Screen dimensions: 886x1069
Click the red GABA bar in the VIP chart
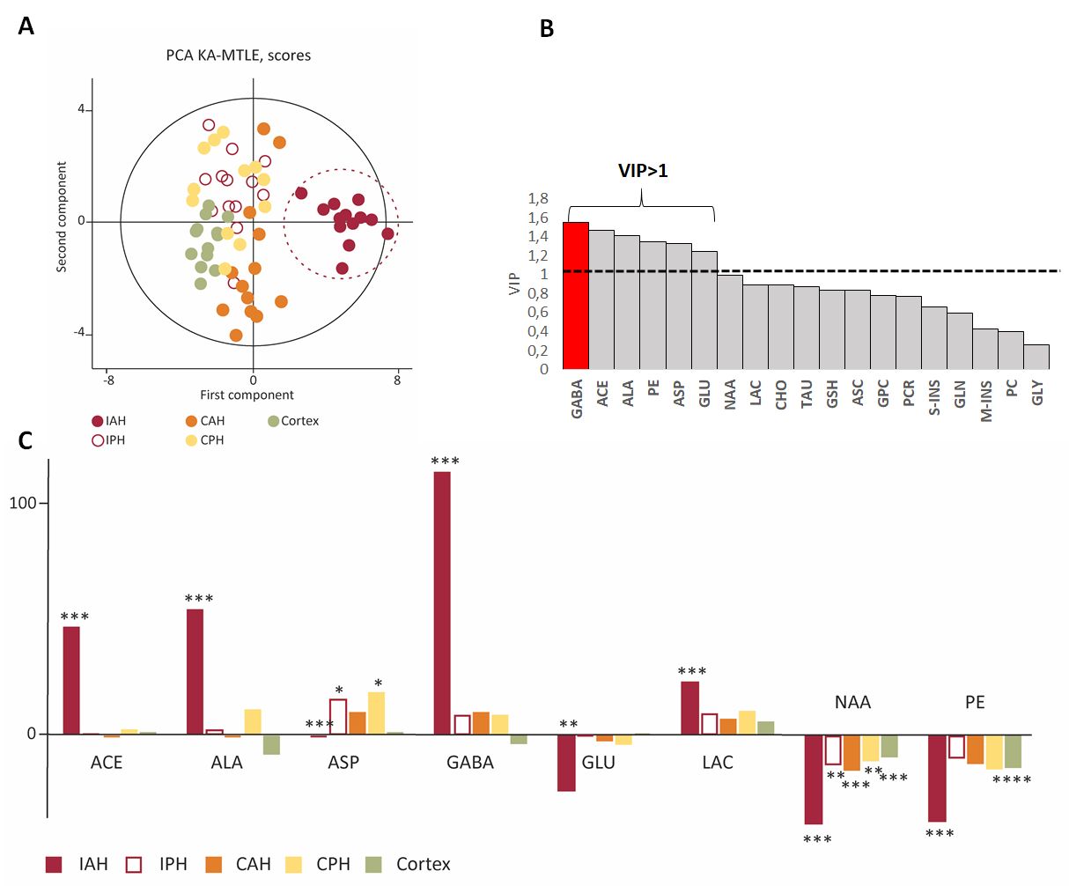coord(576,296)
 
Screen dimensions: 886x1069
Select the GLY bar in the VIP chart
coord(1037,357)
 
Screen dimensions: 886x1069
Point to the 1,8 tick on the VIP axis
coord(537,199)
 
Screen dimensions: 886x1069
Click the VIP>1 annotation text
coord(643,171)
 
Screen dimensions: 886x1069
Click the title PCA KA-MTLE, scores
coord(239,55)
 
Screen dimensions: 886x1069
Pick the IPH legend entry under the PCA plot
coord(109,440)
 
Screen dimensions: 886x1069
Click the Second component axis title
coord(62,217)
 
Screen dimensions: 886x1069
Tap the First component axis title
coord(247,395)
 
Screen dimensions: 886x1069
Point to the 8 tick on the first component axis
coord(397,380)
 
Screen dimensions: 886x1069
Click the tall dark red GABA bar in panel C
coord(442,603)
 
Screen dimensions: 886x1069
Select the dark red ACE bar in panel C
coord(71,680)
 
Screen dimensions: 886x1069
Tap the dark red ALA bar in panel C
coord(195,671)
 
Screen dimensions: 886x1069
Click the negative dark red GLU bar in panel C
coord(566,763)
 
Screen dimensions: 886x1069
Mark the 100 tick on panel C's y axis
coord(24,504)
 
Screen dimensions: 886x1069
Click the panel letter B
coord(546,29)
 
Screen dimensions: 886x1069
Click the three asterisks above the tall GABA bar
coord(445,461)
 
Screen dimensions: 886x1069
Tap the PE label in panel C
coord(975,703)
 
